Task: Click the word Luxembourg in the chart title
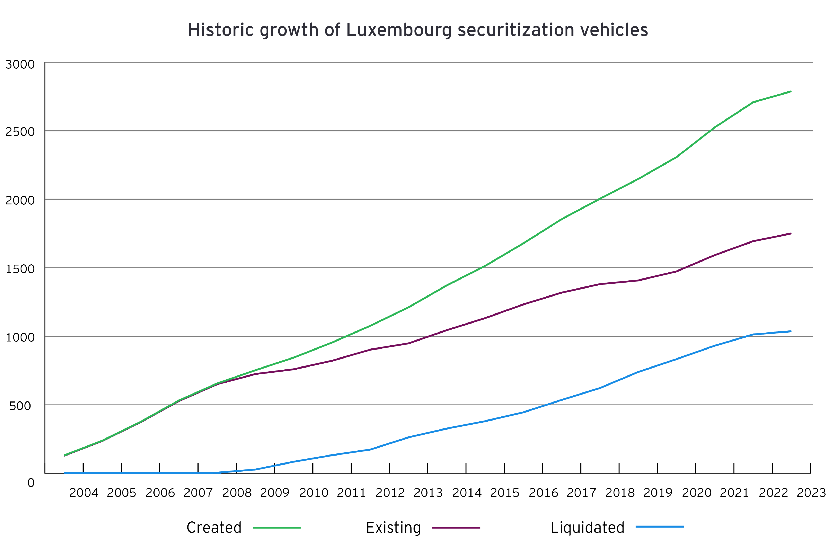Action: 398,30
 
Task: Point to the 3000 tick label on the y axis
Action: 20,65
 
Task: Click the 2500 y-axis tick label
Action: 20,132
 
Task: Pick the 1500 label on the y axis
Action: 20,269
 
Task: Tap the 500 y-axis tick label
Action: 20,406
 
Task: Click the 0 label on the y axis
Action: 31,483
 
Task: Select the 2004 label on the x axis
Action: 83,493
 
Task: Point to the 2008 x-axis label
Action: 237,493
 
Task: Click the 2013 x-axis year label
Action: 428,493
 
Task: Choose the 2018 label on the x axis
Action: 620,493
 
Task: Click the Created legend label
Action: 214,527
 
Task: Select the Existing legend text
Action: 393,527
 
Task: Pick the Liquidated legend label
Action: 587,527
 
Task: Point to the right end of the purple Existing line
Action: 791,233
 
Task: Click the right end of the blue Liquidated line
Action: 791,331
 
